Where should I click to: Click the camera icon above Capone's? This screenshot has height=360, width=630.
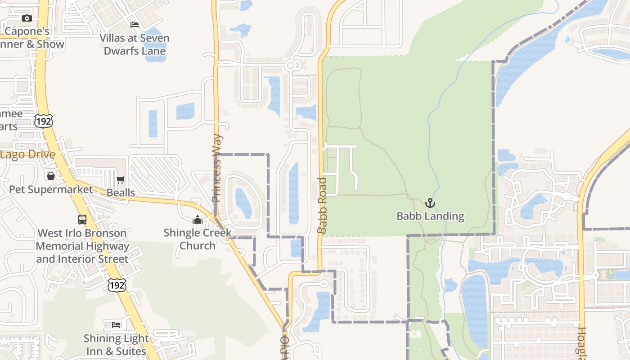coord(27,18)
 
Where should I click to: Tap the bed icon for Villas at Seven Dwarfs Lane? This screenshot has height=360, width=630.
coord(135,24)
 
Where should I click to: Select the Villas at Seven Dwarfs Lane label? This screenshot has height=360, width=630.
coord(135,44)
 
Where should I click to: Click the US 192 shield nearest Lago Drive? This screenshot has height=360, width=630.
coord(44,120)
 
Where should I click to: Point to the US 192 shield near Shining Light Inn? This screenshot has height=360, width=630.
coord(117,284)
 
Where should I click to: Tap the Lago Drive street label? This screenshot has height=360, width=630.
coord(28,154)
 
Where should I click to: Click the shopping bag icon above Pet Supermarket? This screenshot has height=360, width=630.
coord(51,175)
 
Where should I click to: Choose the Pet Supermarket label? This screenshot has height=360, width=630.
coord(51,189)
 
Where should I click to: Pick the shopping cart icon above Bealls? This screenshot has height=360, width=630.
coord(121,180)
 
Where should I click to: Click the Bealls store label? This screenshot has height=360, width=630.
coord(121,193)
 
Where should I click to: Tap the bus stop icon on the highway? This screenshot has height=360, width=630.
coord(82,220)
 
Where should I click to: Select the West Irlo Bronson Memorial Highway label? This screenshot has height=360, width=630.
coord(82,246)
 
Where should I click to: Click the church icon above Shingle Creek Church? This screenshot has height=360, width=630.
coord(197,220)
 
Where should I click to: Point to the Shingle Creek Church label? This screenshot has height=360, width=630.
coord(197,239)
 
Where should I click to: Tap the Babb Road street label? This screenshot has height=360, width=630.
coord(322,205)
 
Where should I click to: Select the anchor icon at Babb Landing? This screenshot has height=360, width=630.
coord(430,203)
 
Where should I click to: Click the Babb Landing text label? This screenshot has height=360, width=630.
coord(430,216)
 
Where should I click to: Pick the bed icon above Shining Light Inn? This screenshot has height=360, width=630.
coord(117,324)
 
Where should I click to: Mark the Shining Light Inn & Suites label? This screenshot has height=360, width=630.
coord(117,345)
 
